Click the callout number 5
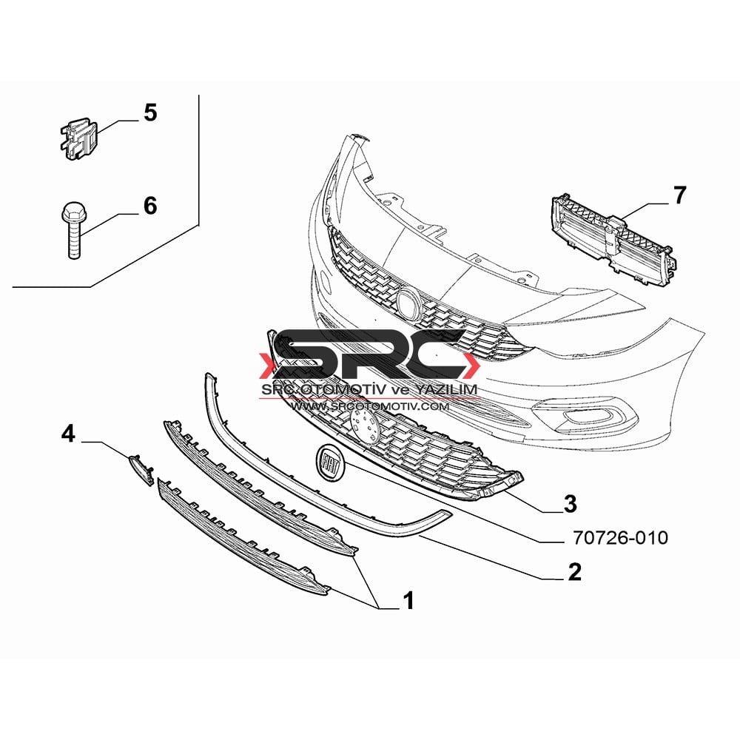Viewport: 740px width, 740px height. (150, 113)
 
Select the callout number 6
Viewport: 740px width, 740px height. (150, 206)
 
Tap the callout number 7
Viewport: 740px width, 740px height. (679, 195)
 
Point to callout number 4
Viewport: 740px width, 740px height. (68, 433)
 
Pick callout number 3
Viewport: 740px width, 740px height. (570, 504)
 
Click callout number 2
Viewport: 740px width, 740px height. (574, 572)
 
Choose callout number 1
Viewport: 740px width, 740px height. (407, 600)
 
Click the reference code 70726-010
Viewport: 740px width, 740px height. (620, 537)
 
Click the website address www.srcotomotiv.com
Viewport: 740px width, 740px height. (369, 406)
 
